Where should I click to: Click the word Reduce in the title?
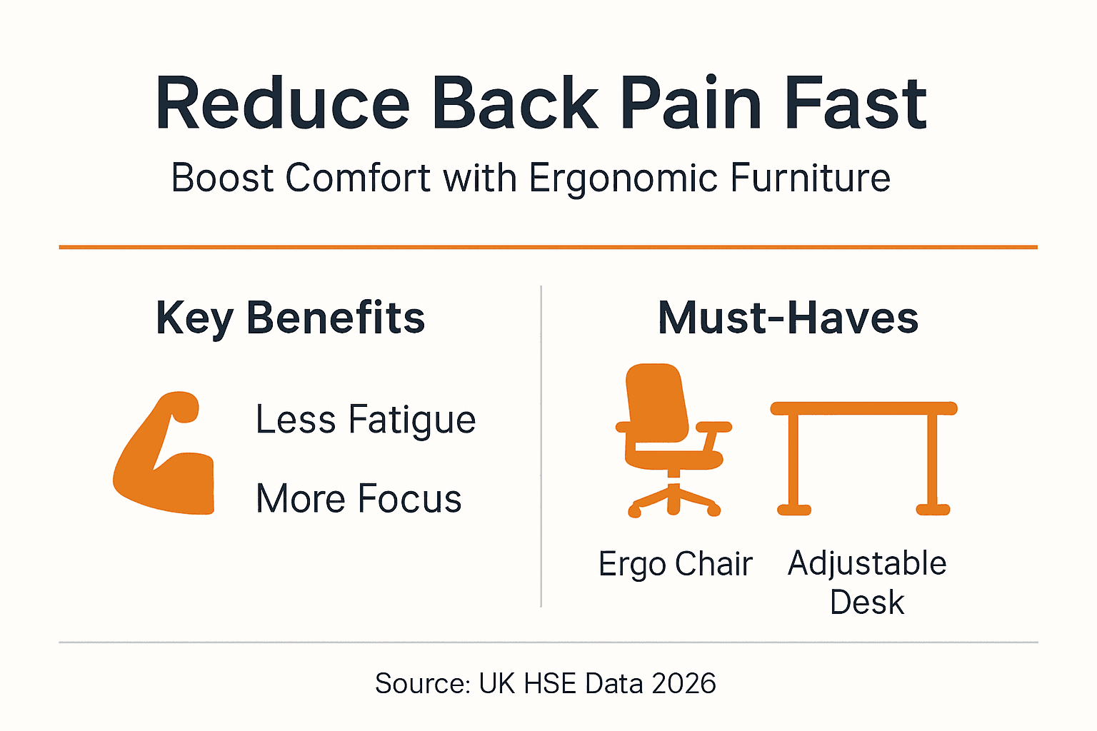(282, 104)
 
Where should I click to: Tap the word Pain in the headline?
(692, 104)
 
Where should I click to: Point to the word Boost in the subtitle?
(222, 178)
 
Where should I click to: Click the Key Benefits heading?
(290, 318)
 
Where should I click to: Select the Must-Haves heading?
(788, 318)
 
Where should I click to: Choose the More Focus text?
(359, 498)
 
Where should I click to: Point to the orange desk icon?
(863, 457)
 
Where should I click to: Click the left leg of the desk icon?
(793, 460)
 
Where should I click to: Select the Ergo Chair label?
(675, 564)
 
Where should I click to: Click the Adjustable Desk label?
(866, 582)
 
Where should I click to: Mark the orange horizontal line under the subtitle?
(548, 247)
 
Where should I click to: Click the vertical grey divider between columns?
(541, 446)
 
